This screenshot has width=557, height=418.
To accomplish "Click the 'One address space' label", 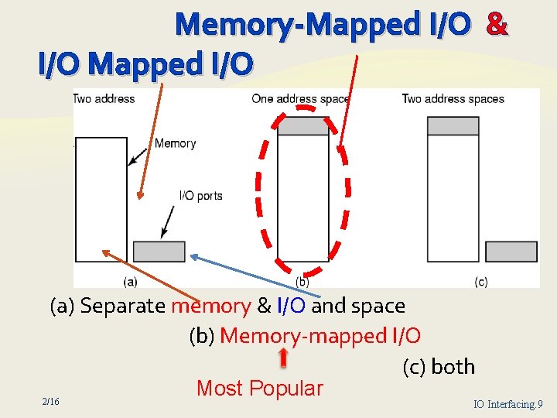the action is [x=300, y=99].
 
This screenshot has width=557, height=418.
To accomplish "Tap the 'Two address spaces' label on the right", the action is [x=453, y=99].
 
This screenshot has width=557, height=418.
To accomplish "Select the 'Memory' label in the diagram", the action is [x=175, y=143].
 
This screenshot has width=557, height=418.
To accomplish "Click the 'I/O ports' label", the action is [x=200, y=196].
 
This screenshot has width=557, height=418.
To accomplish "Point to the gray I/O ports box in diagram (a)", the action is [x=159, y=252].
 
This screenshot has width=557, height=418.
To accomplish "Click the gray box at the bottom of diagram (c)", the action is [x=511, y=252].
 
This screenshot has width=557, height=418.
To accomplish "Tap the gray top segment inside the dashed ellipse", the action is [x=302, y=125].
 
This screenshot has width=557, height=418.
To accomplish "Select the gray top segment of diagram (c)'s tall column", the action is [x=453, y=125].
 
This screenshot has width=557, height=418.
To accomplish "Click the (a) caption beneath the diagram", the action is [x=130, y=281].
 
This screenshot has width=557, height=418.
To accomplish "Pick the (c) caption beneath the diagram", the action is [x=480, y=281].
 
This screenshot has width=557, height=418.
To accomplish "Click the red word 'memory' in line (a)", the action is [x=210, y=306].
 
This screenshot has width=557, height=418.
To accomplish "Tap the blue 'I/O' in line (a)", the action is [x=291, y=306].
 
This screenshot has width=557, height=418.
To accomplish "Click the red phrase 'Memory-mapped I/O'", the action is [x=320, y=336].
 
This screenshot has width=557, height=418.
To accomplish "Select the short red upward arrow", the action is [x=283, y=357].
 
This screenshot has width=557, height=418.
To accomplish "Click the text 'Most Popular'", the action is [x=259, y=388].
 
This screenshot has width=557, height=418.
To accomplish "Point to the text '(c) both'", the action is [x=439, y=366].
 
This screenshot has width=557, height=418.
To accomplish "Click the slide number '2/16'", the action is [x=51, y=401].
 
